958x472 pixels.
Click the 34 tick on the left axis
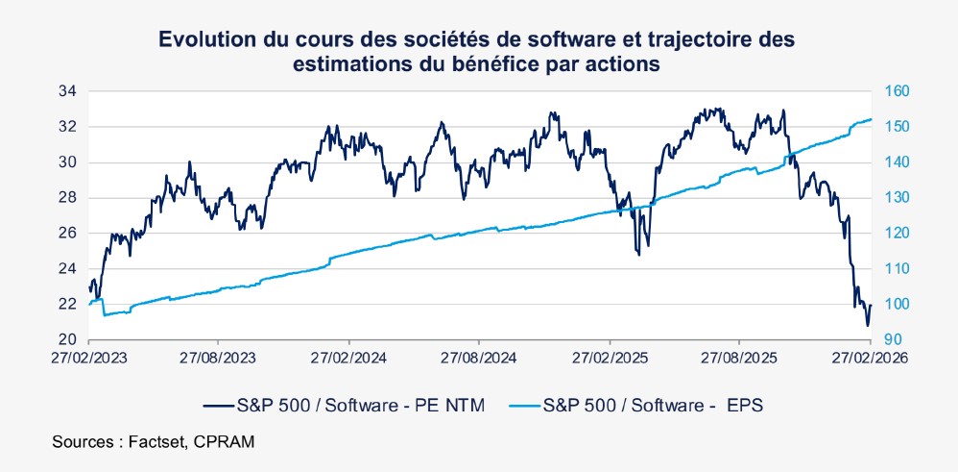[x=67, y=91]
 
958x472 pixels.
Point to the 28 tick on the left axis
[x=67, y=198]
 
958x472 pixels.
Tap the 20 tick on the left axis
[x=67, y=339]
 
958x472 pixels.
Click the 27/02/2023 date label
[x=88, y=356]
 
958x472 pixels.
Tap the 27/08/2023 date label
[x=218, y=356]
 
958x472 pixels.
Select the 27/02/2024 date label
[x=348, y=356]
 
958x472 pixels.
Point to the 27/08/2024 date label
[x=479, y=356]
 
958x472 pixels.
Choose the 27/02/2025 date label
[x=610, y=356]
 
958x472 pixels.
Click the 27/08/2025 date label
[x=739, y=356]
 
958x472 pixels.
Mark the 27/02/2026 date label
[x=870, y=356]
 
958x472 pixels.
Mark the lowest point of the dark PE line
[x=867, y=326]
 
